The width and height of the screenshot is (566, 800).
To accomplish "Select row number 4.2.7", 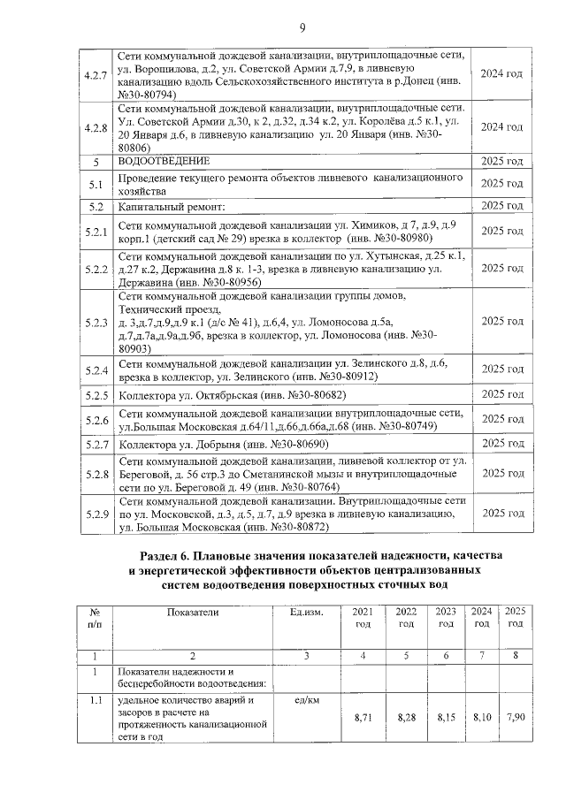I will (94, 73).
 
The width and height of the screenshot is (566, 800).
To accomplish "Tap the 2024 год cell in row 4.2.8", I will (501, 127).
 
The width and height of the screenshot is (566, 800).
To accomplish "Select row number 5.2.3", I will (94, 323).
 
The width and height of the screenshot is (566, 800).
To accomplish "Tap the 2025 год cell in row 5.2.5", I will (501, 394).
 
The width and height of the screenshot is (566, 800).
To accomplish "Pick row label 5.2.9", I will (94, 513).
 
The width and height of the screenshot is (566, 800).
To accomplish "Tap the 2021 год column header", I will (363, 617).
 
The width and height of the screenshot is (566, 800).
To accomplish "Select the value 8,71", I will (363, 717).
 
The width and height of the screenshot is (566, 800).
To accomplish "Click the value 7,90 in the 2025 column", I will (515, 717).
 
